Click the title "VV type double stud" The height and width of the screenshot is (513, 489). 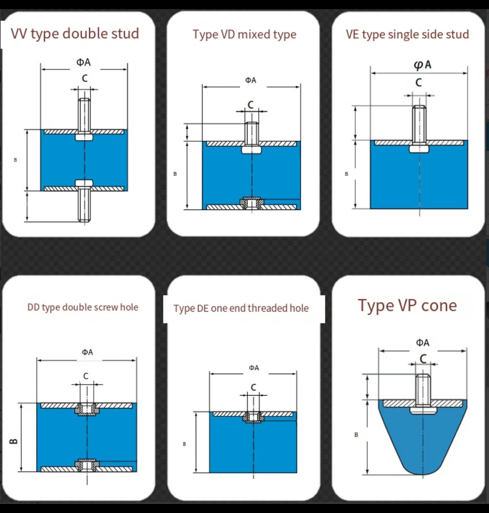75,34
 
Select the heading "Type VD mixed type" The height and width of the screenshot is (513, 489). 244,35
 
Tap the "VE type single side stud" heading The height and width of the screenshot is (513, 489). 407,35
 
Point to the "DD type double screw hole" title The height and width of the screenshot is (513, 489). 83,308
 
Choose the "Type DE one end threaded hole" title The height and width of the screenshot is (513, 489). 241,308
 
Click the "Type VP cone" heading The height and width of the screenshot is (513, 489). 407,305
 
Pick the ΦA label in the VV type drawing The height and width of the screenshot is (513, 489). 83,62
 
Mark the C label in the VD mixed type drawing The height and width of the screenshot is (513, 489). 251,105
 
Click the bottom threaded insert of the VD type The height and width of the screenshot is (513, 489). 252,203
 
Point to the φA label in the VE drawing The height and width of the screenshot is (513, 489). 423,65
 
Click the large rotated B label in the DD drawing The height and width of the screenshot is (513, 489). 13,441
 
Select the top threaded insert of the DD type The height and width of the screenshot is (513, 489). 87,409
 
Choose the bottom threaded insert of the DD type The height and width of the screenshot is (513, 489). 87,466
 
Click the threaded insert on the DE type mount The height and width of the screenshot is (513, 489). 253,417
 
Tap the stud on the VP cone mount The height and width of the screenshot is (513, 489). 423,394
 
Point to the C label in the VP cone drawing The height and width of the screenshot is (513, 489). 423,359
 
